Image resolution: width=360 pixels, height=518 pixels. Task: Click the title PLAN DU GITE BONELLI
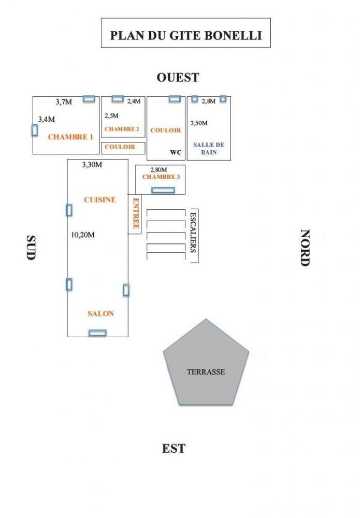(x=185, y=35)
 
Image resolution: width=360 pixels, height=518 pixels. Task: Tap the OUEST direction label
(x=178, y=78)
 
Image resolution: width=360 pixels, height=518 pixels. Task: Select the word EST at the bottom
(x=174, y=449)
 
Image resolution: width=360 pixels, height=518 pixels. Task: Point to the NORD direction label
(x=305, y=248)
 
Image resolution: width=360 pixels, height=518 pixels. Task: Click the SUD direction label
(x=31, y=248)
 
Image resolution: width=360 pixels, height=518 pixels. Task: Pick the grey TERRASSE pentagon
(x=206, y=365)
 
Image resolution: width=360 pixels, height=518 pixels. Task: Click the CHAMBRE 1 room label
(x=70, y=137)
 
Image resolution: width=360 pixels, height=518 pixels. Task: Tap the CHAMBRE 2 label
(x=122, y=129)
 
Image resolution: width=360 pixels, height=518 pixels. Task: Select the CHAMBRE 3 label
(x=161, y=177)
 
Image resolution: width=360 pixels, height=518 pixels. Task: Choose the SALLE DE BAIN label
(x=205, y=149)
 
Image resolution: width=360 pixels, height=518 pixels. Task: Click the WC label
(x=176, y=153)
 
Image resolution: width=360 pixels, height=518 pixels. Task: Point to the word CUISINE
(x=100, y=199)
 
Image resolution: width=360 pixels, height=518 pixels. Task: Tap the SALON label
(x=100, y=313)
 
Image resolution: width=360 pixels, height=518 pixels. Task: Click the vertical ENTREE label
(x=136, y=213)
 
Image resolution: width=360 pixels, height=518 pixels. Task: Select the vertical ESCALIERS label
(x=193, y=232)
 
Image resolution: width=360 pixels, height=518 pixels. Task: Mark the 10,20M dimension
(x=83, y=235)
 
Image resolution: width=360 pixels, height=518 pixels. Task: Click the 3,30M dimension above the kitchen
(x=92, y=165)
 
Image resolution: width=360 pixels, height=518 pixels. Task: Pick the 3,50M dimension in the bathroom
(x=199, y=123)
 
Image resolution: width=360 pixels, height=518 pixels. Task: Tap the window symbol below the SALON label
(x=97, y=333)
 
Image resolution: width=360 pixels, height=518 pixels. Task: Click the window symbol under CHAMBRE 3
(x=163, y=190)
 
